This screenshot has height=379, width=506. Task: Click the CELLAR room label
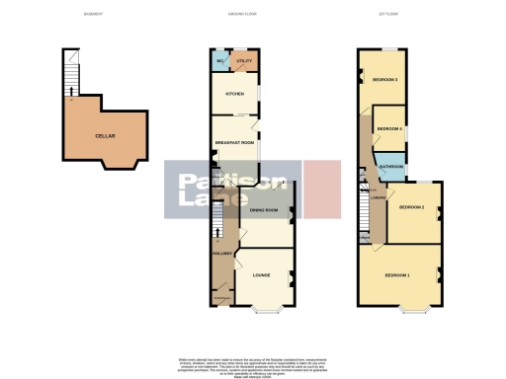coord(103,135)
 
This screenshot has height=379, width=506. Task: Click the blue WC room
coord(218,61)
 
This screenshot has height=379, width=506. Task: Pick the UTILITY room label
coord(245,61)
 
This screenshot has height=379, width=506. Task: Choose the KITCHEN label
coord(235,95)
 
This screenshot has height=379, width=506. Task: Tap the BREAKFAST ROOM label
coord(235,143)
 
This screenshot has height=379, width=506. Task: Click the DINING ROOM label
coord(262,211)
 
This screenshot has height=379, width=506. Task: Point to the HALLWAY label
coord(220,255)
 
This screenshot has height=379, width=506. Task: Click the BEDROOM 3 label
coord(384,79)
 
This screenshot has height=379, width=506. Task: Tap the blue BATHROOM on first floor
coord(390,167)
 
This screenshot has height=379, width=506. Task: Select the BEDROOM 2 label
coord(411,208)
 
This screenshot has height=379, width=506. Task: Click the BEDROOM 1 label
coord(396,273)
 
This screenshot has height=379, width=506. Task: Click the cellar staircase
coord(70,73)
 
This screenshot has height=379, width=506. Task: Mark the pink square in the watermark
coord(321,189)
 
